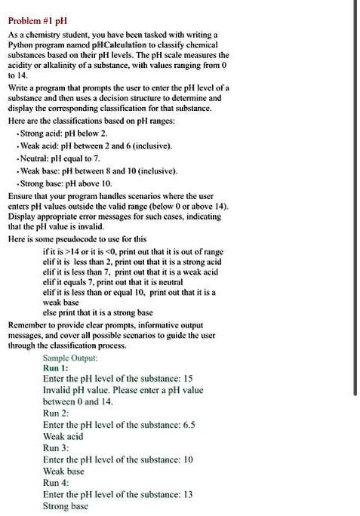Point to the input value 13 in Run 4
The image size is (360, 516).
[x=189, y=494]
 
